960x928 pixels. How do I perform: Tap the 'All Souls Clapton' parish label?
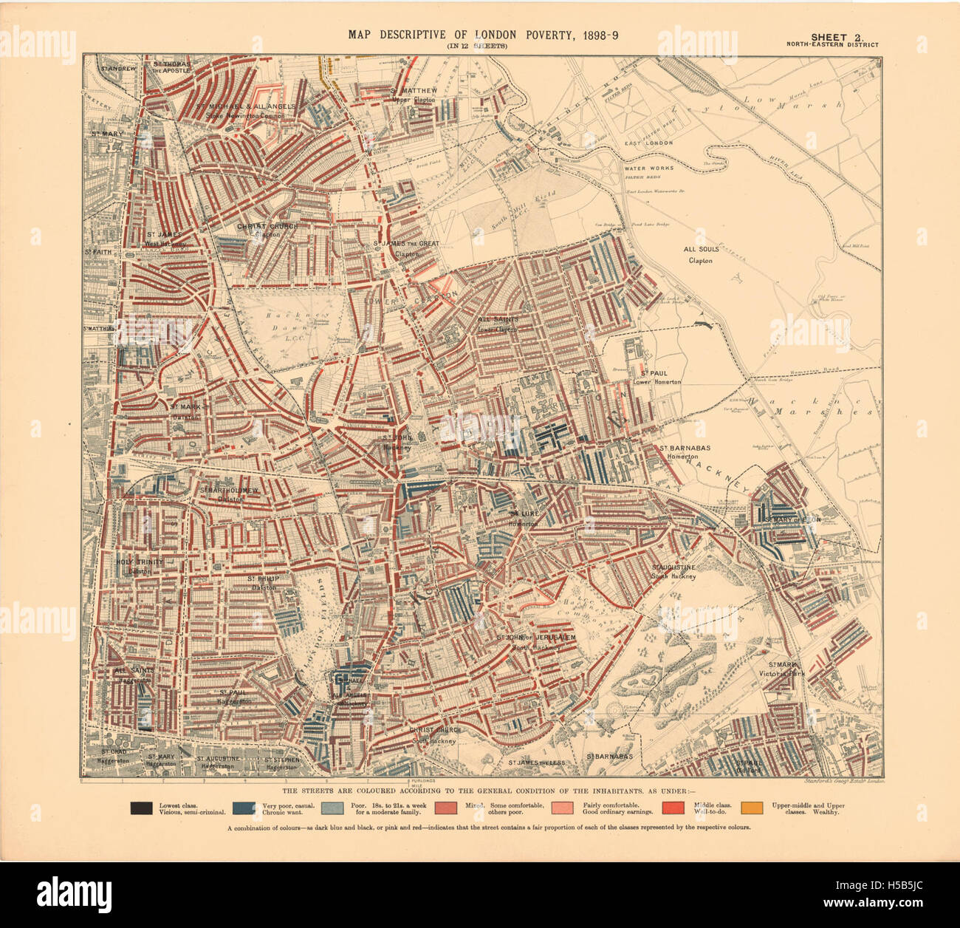tap(700, 255)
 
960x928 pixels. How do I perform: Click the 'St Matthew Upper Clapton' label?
tap(414, 95)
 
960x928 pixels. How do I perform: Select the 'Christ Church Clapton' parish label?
tap(258, 230)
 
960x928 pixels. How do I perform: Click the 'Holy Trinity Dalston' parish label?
tap(140, 566)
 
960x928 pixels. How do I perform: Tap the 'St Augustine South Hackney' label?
tap(673, 571)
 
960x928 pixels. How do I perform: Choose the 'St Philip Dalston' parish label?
tap(264, 582)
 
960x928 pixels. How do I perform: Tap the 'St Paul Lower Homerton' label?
tap(656, 377)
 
